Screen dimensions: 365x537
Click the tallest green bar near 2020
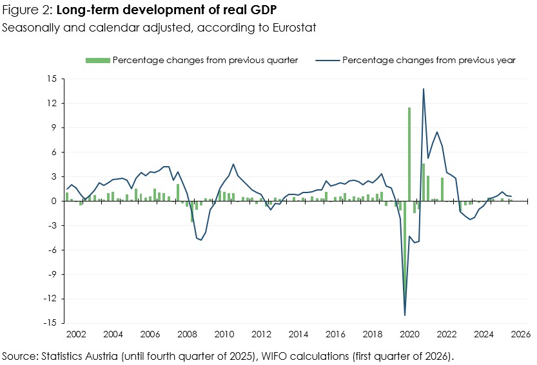click(x=409, y=154)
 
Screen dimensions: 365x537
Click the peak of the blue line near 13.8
click(x=424, y=89)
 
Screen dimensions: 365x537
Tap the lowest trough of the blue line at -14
click(x=405, y=315)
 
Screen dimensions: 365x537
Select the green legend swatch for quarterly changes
click(x=97, y=60)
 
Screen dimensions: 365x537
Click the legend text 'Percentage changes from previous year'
click(x=429, y=60)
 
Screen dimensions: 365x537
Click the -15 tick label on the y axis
click(x=50, y=323)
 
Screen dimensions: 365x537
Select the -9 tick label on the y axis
click(x=52, y=274)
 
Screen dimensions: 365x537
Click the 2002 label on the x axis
click(x=76, y=335)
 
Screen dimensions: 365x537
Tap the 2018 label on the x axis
click(x=373, y=335)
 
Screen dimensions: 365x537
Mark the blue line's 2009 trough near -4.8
click(x=201, y=240)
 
